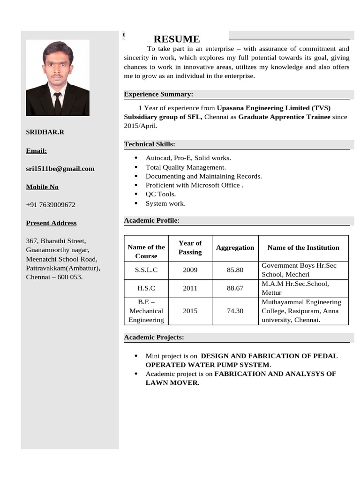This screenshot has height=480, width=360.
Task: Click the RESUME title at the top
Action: coord(176,39)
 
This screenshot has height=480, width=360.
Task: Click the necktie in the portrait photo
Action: coord(57,103)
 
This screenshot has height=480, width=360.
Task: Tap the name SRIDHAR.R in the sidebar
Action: coord(45,132)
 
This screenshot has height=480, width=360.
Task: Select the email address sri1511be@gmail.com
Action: coord(60,168)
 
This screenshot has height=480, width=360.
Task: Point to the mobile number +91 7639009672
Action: coord(51,205)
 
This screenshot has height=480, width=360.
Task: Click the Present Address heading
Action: coord(51,223)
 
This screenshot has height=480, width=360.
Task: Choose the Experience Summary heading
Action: coord(158,94)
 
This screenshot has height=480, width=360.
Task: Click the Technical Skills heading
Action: coord(150,144)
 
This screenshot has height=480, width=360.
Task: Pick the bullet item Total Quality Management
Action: coord(186,167)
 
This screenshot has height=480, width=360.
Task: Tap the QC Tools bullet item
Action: coord(161,194)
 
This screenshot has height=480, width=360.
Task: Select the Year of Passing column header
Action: coord(190,247)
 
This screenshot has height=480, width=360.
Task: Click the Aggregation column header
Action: coord(235,247)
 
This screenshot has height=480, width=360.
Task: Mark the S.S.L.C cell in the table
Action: coord(146,270)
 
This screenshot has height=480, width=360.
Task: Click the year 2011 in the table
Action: coord(190,288)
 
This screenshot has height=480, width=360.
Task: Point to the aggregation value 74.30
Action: coord(235,310)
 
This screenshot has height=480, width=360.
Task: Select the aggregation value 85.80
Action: coord(235,270)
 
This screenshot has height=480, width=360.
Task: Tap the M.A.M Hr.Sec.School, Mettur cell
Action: coord(295,288)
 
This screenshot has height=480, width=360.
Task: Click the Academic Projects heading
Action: coord(154,337)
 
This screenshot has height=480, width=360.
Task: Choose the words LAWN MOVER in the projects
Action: coord(172,382)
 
